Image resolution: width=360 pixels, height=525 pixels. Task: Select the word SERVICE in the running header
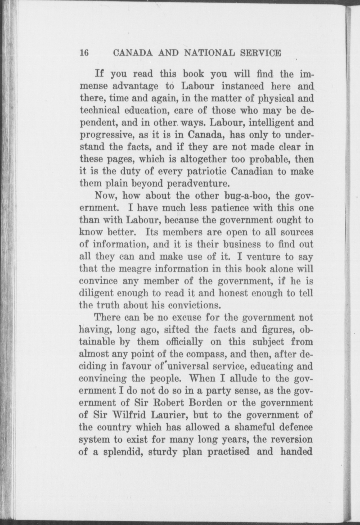coord(260,53)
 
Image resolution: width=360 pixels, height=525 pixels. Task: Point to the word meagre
coord(135,269)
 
